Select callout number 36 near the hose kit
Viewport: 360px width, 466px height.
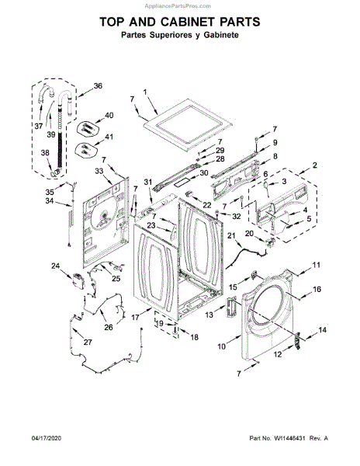click(x=98, y=86)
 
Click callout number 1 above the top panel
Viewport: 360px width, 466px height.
click(x=145, y=92)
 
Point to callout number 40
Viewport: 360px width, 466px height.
click(x=109, y=115)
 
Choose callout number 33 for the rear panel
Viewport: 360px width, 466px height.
click(x=99, y=171)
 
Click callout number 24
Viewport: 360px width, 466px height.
click(x=56, y=266)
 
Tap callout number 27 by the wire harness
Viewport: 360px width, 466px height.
click(x=88, y=343)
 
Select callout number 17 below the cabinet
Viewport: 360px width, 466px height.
click(x=135, y=318)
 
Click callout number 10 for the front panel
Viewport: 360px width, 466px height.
click(x=222, y=346)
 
